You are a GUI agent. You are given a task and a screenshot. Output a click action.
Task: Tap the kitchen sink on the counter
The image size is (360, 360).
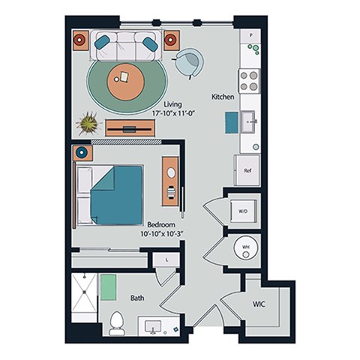(x=250, y=121)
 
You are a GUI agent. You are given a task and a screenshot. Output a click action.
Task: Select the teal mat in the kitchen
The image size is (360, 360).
(x=232, y=123)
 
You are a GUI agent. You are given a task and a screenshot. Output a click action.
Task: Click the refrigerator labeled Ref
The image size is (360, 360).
(x=247, y=170)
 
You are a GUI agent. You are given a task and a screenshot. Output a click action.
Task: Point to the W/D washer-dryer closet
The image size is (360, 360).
(x=243, y=211)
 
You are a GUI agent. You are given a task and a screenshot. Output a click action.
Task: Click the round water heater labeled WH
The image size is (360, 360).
(x=245, y=248)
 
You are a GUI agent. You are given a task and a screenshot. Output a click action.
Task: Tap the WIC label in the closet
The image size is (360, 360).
(x=259, y=304)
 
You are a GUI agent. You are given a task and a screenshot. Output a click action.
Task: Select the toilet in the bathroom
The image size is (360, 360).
(x=116, y=322)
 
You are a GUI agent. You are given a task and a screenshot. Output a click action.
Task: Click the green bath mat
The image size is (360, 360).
(x=109, y=286)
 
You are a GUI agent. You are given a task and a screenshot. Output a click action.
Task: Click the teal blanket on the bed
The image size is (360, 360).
(x=116, y=193)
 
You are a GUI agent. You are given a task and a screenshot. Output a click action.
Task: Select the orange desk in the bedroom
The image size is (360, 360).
(x=171, y=181)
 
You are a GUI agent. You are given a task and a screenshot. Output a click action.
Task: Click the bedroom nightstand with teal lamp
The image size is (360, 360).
(x=82, y=154)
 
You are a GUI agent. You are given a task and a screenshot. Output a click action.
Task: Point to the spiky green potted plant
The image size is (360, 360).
(x=89, y=122)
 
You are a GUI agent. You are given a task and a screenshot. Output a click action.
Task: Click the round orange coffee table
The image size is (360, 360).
(x=124, y=80)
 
